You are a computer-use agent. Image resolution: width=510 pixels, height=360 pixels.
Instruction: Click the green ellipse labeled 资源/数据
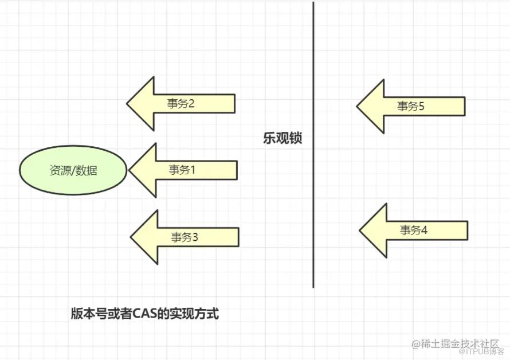[73, 170]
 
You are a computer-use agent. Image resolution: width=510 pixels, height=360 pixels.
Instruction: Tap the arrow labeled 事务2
[181, 104]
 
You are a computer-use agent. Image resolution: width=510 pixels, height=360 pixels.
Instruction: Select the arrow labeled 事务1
[183, 170]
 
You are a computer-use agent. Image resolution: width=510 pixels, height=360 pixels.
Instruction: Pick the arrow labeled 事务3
[185, 237]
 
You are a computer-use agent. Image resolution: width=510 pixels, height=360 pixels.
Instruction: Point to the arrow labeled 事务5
[411, 106]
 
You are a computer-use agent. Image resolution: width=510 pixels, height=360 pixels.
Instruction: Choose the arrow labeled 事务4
[413, 230]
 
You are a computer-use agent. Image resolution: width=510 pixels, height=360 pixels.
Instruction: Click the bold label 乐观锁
[283, 138]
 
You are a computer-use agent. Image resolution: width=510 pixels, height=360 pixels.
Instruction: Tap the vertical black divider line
[313, 145]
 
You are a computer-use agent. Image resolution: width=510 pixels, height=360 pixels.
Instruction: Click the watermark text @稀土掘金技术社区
[456, 344]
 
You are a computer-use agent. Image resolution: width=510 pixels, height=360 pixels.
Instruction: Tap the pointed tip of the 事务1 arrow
[129, 170]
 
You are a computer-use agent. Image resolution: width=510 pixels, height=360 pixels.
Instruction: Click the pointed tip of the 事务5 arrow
[357, 106]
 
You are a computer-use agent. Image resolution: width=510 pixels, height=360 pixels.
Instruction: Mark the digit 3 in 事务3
[194, 237]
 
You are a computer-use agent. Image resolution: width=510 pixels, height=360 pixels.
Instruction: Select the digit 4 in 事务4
[423, 230]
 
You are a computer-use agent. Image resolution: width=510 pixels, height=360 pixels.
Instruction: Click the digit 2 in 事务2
[191, 104]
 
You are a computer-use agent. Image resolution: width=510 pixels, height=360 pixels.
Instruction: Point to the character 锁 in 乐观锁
[296, 138]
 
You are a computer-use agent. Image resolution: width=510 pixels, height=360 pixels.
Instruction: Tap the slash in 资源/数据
[73, 170]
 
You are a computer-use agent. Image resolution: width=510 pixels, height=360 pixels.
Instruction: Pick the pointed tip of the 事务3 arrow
[131, 237]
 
